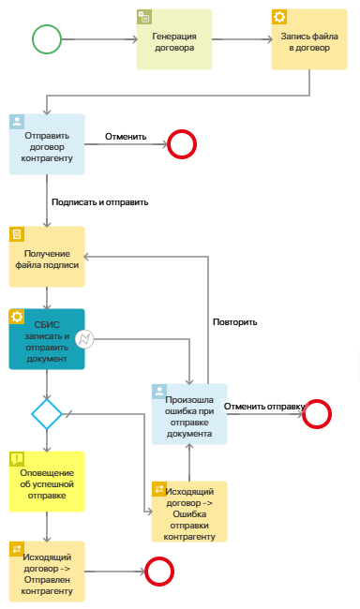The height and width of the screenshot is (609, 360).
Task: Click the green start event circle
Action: tap(47, 39)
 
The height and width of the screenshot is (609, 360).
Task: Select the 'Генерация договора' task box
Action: tap(174, 40)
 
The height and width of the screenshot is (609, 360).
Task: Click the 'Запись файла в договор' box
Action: tap(309, 40)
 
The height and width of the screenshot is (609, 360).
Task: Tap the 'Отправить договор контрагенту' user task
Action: tap(47, 145)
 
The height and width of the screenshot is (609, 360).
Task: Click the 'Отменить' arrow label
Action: tap(126, 136)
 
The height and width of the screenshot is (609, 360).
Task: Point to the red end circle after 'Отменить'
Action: tap(181, 144)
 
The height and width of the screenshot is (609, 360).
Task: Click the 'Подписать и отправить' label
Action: tap(100, 201)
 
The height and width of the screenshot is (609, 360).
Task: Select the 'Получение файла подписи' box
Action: tap(47, 257)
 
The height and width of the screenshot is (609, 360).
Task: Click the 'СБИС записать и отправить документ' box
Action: tap(47, 339)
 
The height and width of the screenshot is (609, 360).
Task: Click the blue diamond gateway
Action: tap(47, 412)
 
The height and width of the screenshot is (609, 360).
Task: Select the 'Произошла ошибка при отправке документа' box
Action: tap(189, 413)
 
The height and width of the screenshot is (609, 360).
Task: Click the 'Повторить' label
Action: tap(234, 321)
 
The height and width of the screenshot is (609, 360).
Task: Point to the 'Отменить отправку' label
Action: tap(265, 406)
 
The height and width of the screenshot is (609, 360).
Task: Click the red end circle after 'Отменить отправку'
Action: tap(317, 413)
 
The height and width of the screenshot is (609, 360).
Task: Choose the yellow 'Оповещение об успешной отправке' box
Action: tap(47, 482)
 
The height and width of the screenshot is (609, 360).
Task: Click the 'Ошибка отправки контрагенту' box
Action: tap(189, 512)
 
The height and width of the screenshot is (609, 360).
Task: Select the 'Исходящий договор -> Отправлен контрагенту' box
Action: tap(47, 571)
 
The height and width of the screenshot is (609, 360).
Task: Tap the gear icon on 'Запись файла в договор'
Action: tap(279, 17)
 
